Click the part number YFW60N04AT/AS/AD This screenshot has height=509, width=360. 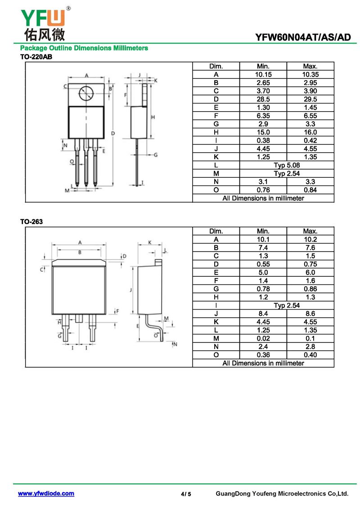tap(303, 37)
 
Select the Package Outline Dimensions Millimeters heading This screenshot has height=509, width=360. tap(84, 48)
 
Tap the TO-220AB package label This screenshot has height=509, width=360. tap(36, 57)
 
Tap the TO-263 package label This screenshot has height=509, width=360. tap(31, 222)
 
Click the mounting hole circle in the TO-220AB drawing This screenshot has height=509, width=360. tap(86, 94)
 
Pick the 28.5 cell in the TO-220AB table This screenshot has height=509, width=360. tap(263, 99)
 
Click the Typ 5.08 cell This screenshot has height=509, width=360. tap(287, 165)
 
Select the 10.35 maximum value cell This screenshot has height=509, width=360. tap(310, 75)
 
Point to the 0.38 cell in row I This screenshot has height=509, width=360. tap(263, 140)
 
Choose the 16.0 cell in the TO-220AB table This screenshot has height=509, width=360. tap(310, 132)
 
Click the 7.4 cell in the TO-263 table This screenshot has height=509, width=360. tap(263, 248)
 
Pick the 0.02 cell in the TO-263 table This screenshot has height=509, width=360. tap(263, 338)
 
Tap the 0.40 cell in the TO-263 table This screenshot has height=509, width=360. tap(310, 355)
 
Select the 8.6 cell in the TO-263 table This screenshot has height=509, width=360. tap(310, 314)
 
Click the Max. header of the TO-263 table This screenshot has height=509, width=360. tap(310, 231)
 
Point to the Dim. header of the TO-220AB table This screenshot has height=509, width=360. tap(216, 67)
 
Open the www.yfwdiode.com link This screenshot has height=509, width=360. tap(46, 493)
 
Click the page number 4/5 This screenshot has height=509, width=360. tap(186, 494)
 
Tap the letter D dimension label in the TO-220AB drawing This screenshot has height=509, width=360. tap(113, 133)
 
